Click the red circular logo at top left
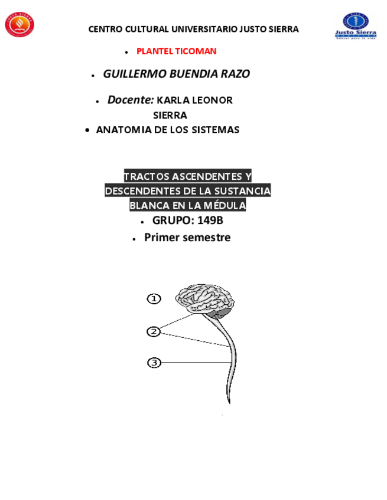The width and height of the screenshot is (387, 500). tap(19, 24)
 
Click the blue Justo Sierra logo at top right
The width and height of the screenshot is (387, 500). tap(356, 25)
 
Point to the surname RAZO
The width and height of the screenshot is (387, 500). tap(235, 74)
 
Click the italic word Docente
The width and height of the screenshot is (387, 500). tap(130, 100)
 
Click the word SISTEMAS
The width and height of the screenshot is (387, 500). tap(216, 130)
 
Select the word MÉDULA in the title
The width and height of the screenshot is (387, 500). tap(225, 205)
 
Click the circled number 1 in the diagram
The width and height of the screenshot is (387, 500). tap(154, 299)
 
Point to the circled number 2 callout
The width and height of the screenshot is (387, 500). tap(154, 332)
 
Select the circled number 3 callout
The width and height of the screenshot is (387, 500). tap(154, 363)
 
